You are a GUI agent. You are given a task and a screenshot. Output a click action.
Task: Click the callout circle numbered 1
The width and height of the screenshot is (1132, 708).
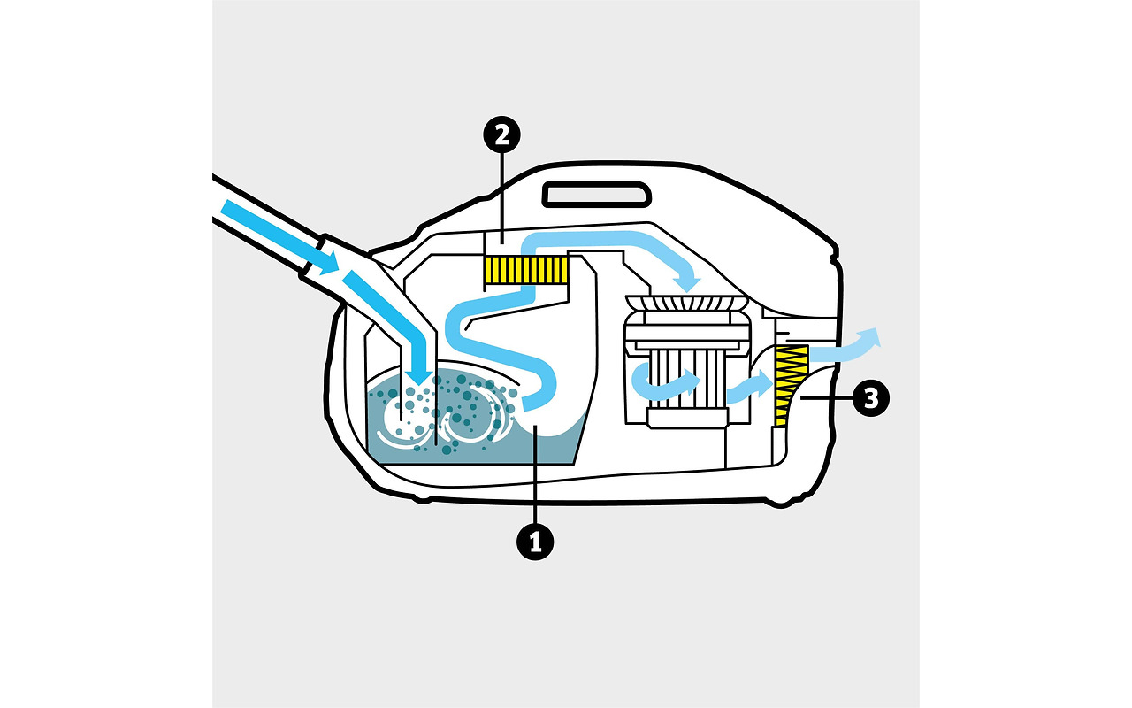pos(535,543)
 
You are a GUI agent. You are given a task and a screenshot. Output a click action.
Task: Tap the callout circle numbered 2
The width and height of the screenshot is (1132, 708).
pos(501,135)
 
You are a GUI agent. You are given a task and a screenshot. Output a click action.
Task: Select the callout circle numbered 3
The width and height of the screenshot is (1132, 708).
pos(871,398)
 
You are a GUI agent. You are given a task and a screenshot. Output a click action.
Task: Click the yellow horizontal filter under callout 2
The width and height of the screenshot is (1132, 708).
pos(525,270)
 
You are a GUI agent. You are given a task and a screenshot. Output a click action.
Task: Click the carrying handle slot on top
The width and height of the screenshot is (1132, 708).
pos(596,195)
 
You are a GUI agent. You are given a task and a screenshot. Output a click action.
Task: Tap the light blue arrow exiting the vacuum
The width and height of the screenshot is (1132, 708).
pos(845,347)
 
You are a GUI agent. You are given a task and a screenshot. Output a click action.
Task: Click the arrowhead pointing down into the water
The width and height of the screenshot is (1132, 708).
pos(418,376)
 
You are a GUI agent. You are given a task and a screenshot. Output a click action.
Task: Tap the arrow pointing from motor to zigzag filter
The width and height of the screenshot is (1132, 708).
pos(750,387)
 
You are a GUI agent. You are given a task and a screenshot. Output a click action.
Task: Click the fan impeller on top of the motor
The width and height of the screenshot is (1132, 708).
pos(686,304)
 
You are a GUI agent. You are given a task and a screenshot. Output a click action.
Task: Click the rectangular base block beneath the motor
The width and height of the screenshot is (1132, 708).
pos(688,419)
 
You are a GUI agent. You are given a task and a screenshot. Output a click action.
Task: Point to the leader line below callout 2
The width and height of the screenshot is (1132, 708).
pos(501,198)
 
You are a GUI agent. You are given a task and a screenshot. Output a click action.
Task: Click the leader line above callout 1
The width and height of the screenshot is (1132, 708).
pos(535,473)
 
